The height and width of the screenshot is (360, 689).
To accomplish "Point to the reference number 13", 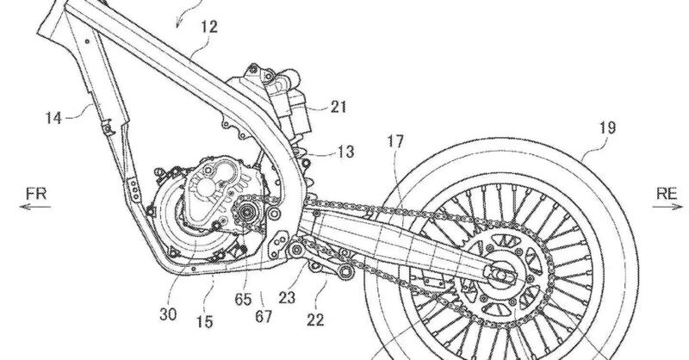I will click(x=320, y=154).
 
